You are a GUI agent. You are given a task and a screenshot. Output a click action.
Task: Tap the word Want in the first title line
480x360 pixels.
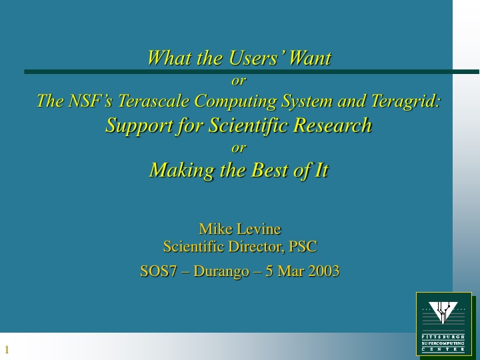click(x=309, y=58)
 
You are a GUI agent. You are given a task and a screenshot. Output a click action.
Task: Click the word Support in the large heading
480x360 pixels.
click(x=140, y=125)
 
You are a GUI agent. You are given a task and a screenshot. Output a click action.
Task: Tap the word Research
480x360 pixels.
click(x=329, y=125)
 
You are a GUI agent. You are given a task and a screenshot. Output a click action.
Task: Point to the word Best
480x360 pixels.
click(x=269, y=170)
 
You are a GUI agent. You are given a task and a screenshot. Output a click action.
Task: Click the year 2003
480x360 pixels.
click(x=321, y=271)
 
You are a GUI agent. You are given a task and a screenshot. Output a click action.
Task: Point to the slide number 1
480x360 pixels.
click(x=7, y=350)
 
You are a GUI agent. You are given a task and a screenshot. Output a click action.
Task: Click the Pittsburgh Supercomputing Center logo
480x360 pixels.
click(x=443, y=323)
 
